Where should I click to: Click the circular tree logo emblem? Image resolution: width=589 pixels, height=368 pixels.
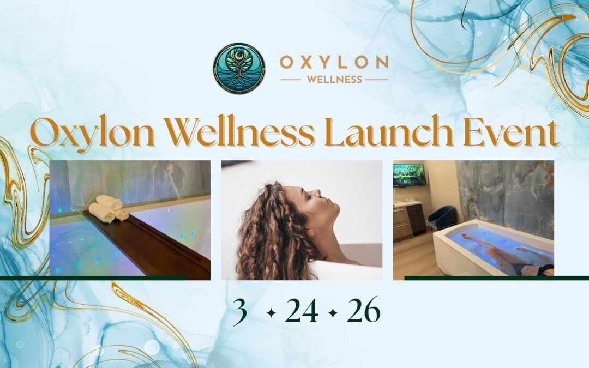[x=239, y=69]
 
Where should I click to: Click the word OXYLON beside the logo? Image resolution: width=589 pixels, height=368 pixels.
[x=334, y=62]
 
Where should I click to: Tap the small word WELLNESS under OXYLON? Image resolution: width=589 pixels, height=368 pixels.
[x=334, y=80]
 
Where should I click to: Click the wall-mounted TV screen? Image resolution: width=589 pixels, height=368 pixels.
[x=409, y=176]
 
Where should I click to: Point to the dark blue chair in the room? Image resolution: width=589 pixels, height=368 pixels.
[x=441, y=218]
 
